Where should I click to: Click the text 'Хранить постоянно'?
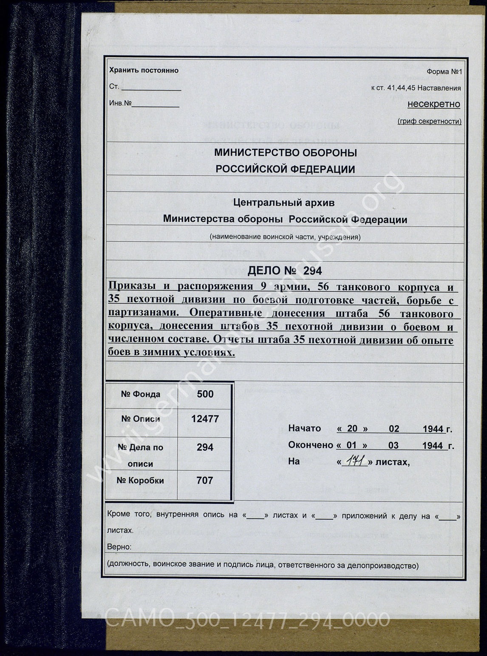(x=144, y=71)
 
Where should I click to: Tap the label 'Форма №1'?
(x=444, y=72)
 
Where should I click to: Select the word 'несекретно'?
(x=433, y=104)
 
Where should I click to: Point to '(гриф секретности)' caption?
(x=429, y=122)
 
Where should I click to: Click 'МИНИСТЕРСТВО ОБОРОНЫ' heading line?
(x=285, y=153)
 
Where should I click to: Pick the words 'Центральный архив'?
(x=284, y=203)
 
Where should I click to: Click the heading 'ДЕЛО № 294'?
(x=284, y=271)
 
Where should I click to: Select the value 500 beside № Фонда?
(x=205, y=394)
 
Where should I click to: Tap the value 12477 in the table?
(x=205, y=419)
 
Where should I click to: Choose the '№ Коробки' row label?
(x=140, y=481)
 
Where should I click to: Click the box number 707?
(x=205, y=481)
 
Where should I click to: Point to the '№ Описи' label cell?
(x=140, y=419)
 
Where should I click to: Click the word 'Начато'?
(x=304, y=429)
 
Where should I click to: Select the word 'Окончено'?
(x=311, y=445)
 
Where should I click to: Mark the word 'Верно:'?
(x=119, y=547)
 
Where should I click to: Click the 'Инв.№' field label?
(x=120, y=103)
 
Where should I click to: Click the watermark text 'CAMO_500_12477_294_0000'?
(x=246, y=620)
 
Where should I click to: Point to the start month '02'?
(x=394, y=429)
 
